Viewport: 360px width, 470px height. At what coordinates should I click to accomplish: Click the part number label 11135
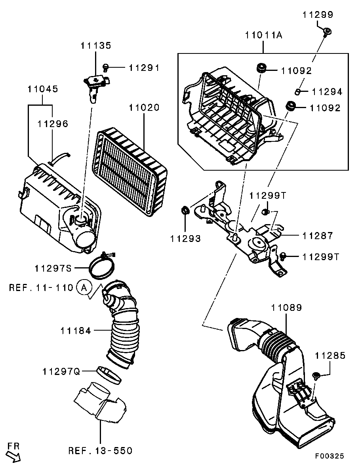tap(95, 46)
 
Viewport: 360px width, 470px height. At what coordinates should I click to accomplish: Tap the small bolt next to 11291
tap(105, 67)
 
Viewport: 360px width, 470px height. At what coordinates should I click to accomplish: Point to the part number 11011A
tap(263, 35)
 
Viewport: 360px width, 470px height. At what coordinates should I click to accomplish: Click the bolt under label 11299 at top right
tap(327, 31)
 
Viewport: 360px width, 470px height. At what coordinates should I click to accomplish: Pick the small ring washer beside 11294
tap(297, 91)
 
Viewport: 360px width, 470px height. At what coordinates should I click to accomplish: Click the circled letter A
tap(84, 288)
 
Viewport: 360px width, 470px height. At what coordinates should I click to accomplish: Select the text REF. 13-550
tap(100, 451)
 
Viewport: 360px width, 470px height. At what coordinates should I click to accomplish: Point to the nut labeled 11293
tap(185, 210)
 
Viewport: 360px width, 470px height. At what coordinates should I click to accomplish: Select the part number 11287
tap(318, 236)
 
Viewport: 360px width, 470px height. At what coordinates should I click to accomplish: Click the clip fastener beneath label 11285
tap(316, 375)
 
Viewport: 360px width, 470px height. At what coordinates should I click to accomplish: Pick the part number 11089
tap(287, 308)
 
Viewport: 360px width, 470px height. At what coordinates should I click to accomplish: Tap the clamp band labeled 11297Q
tap(109, 375)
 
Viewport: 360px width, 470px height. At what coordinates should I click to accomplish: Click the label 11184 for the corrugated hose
tap(76, 331)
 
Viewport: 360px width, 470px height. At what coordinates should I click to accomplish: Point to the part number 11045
tap(43, 89)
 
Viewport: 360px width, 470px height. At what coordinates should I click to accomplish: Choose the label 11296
tap(53, 124)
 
